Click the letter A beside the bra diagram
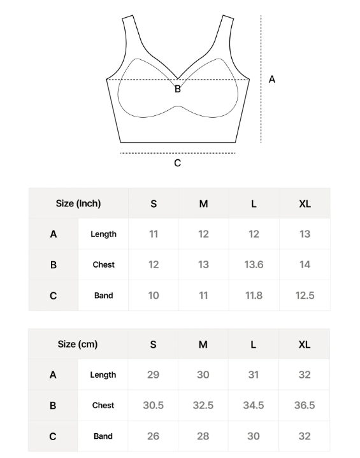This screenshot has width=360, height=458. click(x=272, y=80)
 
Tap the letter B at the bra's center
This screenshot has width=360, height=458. click(x=178, y=89)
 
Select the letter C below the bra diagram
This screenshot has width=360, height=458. click(x=178, y=163)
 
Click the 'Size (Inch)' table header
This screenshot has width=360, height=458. click(x=78, y=204)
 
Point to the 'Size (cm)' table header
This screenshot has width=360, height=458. click(x=78, y=344)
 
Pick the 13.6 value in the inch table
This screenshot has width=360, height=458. click(x=254, y=264)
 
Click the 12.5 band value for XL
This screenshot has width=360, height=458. click(x=305, y=296)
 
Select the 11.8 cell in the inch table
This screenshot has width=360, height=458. click(x=254, y=296)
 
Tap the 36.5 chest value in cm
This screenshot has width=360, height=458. click(x=304, y=405)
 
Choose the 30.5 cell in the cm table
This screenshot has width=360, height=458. click(x=153, y=405)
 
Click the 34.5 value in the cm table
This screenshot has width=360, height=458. click(x=254, y=405)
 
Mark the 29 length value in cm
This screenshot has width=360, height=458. click(x=153, y=375)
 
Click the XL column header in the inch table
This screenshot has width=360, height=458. click(x=305, y=204)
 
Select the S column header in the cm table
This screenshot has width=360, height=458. click(x=153, y=344)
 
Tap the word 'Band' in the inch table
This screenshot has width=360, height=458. click(x=103, y=296)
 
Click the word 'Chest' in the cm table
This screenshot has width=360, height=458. click(x=103, y=405)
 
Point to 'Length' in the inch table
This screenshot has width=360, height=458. click(x=103, y=234)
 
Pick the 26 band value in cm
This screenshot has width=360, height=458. click(x=153, y=436)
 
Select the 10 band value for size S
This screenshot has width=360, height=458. click(x=154, y=296)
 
